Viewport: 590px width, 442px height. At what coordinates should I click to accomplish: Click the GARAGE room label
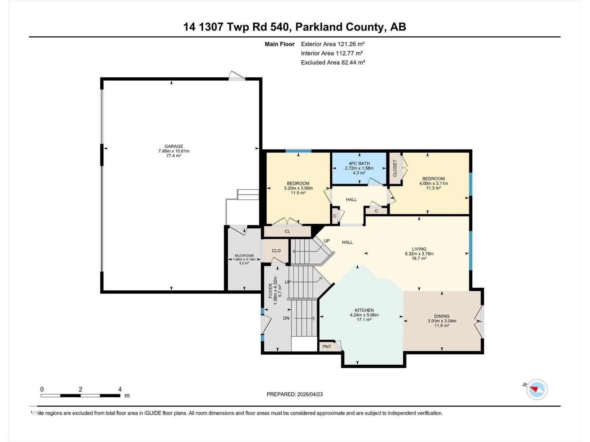coord(174,146)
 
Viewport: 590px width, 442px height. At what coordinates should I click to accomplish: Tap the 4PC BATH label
coord(359,163)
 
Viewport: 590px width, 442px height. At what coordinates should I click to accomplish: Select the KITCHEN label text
coord(364,310)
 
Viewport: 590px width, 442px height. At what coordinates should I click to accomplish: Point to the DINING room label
coord(441,316)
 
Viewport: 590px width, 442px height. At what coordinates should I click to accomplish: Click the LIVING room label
coord(419,249)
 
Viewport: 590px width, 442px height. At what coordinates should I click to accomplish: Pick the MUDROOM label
coord(244,256)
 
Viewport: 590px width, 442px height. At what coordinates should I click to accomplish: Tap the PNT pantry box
coord(327,347)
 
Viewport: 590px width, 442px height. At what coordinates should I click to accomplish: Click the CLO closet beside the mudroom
coord(276,250)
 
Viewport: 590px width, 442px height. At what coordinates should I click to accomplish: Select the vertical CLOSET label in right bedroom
coord(395,168)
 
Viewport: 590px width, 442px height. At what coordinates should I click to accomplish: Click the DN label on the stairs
coord(286,318)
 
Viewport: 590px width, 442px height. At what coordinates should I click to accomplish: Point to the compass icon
coord(537,390)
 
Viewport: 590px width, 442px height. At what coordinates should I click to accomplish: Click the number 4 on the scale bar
coord(120,389)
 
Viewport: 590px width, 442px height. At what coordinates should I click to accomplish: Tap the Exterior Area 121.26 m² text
coord(333,44)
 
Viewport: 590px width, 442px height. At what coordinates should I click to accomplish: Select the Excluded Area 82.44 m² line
coord(333,62)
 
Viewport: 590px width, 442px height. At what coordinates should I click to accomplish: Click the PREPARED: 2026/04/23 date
coord(295,394)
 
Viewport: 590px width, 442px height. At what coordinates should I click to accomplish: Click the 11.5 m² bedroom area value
coord(298,193)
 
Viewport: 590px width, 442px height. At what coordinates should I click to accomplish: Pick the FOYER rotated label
coord(271,291)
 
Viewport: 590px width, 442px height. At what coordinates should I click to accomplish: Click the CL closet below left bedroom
coord(287,231)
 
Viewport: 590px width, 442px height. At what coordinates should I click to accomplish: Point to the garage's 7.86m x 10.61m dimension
coord(174,151)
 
